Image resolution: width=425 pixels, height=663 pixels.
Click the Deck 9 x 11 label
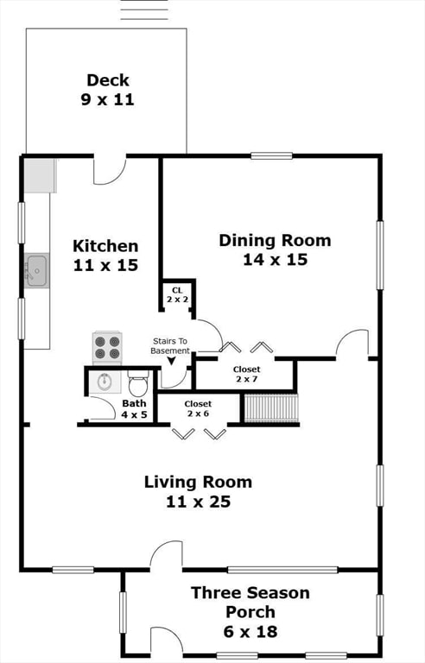tap(108, 90)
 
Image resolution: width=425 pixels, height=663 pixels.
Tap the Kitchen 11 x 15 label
tap(105, 256)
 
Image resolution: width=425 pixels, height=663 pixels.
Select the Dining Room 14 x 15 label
tap(275, 249)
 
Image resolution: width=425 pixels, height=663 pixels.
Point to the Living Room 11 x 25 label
tap(198, 491)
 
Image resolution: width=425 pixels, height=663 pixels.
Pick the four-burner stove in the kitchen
tap(107, 347)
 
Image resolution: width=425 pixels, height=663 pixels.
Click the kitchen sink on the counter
tap(36, 271)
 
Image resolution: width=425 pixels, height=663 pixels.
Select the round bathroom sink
tap(105, 381)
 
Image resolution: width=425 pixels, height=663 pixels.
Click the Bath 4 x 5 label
tap(134, 408)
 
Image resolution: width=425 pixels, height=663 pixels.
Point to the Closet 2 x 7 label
tap(246, 375)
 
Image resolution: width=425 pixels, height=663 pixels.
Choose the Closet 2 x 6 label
tap(198, 408)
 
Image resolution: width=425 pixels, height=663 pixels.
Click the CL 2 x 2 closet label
tap(177, 294)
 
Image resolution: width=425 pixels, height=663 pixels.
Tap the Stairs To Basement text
tap(170, 345)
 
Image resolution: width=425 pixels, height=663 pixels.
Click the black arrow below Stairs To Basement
tap(170, 361)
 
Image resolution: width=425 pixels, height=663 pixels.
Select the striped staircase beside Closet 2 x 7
tap(271, 407)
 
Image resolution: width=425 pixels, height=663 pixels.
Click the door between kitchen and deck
tap(110, 168)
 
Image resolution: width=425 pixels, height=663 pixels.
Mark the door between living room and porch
tap(166, 557)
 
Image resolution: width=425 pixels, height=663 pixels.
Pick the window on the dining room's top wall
tap(271, 155)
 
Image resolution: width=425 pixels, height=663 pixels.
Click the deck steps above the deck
tap(143, 10)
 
